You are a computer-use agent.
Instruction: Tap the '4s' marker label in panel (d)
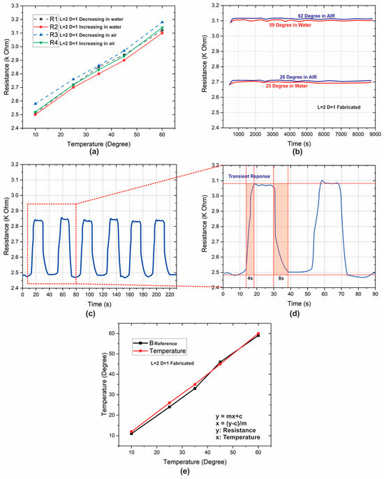pos(250,278)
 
